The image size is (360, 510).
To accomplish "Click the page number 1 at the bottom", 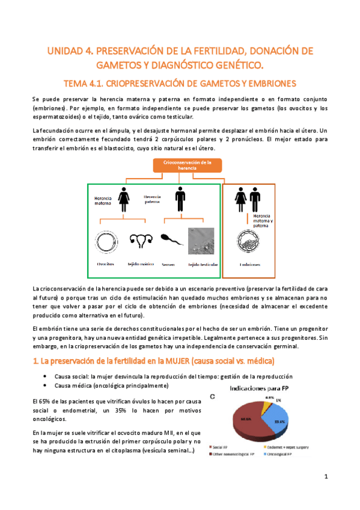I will point(325,477).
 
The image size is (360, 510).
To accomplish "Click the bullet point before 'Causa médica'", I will point(46,385).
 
